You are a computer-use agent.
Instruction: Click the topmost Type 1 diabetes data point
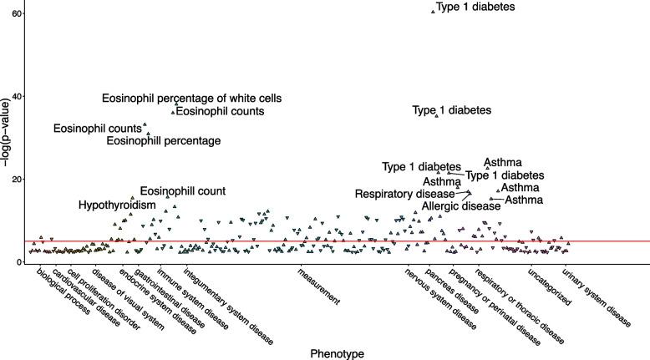[x=433, y=12]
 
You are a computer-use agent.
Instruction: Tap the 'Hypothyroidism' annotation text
[x=117, y=205]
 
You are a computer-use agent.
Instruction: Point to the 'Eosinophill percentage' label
[x=165, y=141]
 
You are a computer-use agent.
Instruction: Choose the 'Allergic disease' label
[x=460, y=205]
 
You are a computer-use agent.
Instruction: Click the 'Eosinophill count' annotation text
[x=182, y=191]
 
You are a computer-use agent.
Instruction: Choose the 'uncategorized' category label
[x=550, y=287]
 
